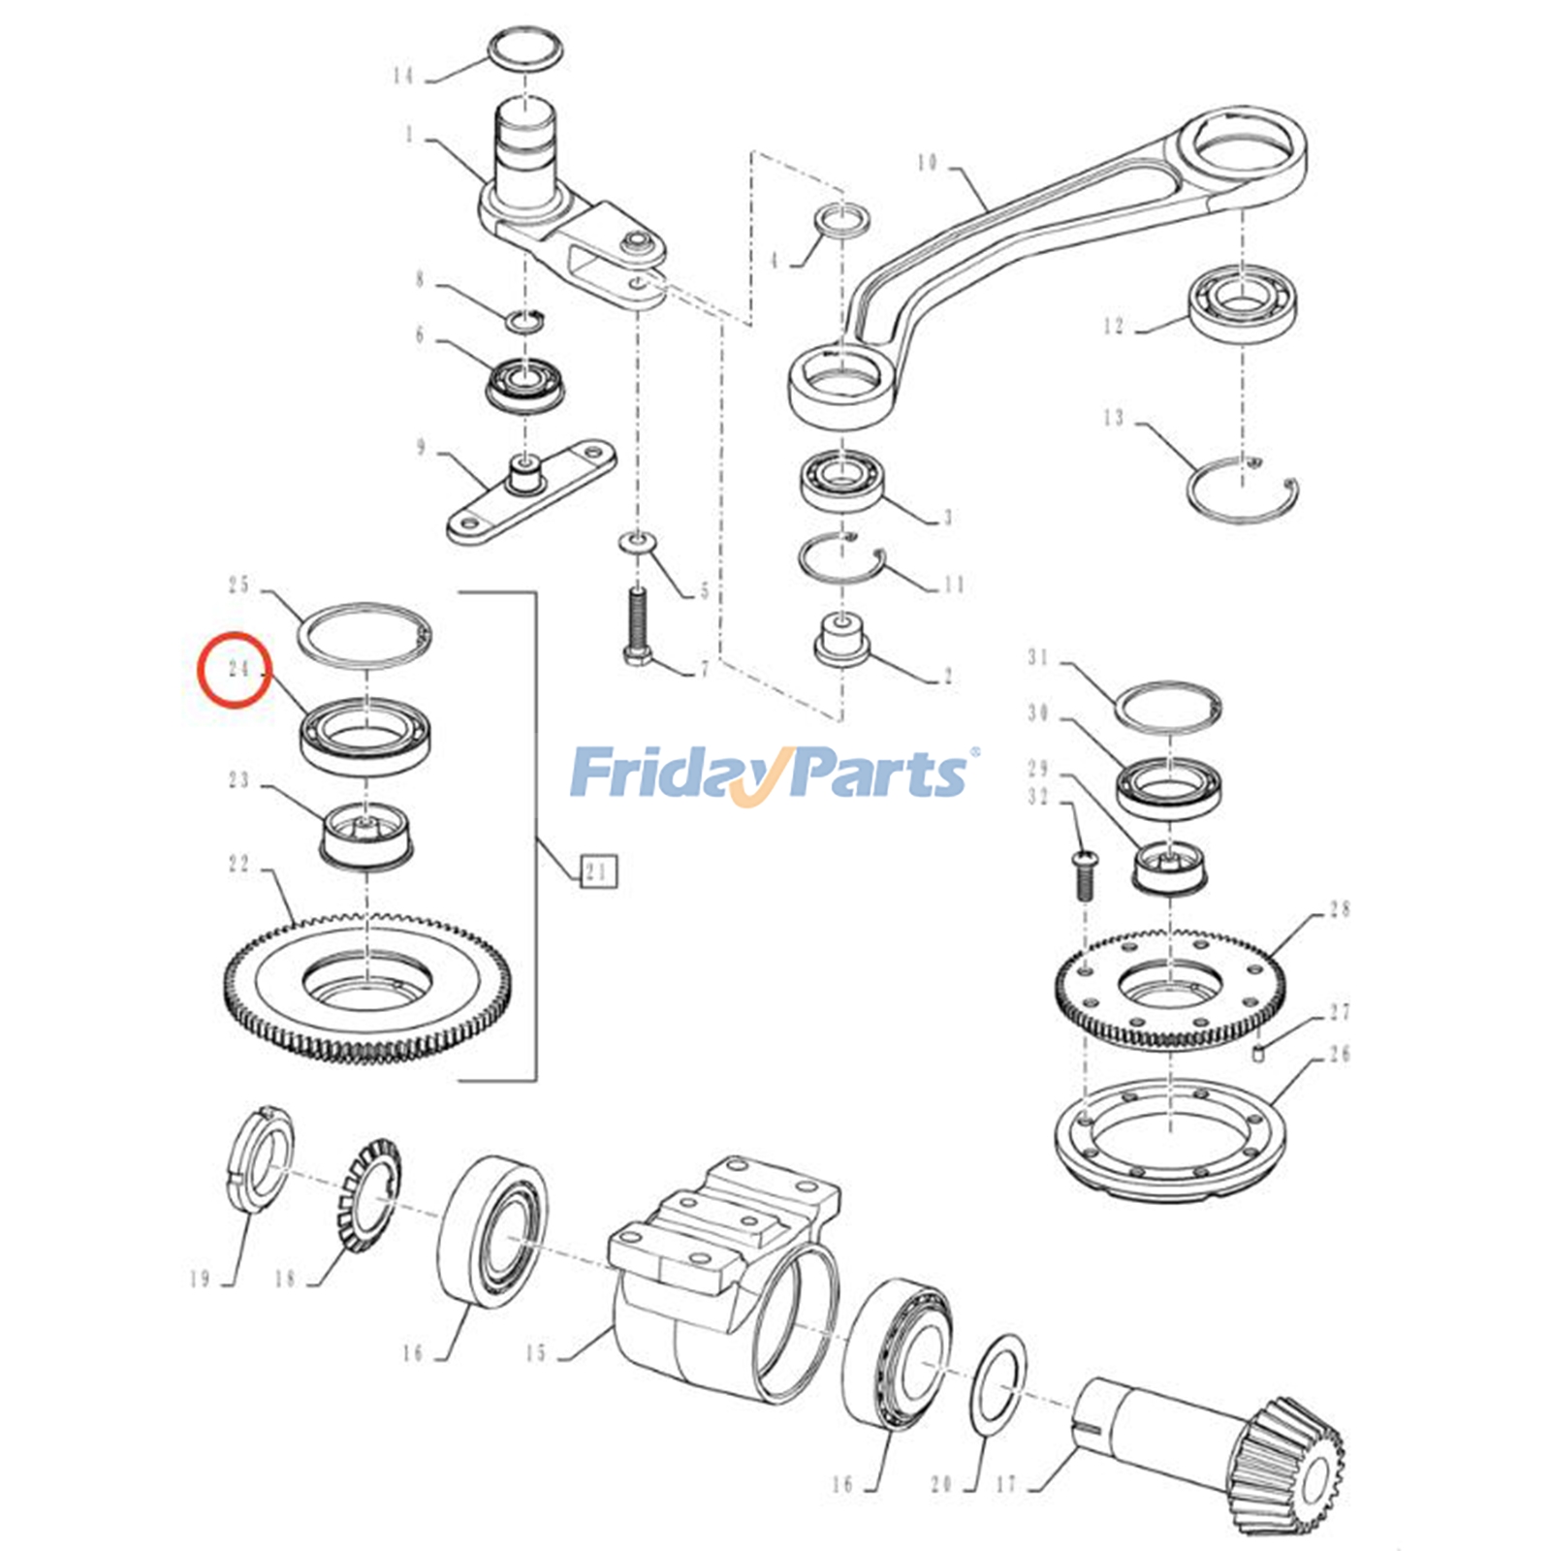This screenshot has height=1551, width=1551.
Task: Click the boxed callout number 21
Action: [598, 871]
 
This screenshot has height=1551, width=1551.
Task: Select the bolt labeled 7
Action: [638, 626]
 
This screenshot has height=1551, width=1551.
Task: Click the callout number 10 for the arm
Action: [928, 162]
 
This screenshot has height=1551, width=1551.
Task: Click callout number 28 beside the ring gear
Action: [1340, 909]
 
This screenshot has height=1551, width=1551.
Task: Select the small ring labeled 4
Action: [842, 221]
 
